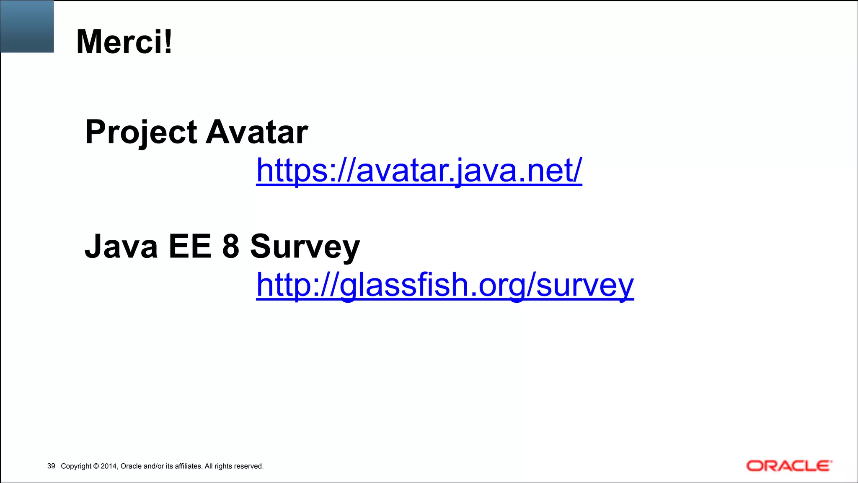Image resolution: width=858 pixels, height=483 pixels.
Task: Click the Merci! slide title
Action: click(x=124, y=42)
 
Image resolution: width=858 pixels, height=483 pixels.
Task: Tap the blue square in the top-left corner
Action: click(x=27, y=26)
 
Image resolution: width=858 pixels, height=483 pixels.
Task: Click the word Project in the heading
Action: click(x=141, y=132)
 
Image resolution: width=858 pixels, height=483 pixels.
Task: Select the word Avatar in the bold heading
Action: click(x=257, y=132)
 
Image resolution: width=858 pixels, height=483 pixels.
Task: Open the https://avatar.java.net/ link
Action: click(x=419, y=171)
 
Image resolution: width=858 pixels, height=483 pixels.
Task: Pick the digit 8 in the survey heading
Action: click(x=230, y=247)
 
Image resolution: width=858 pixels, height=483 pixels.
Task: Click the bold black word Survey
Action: click(x=305, y=247)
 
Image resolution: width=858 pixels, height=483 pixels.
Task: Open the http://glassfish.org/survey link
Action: click(x=445, y=285)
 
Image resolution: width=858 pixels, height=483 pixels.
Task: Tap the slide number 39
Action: click(x=51, y=466)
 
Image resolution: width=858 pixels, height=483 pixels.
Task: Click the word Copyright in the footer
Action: click(x=76, y=466)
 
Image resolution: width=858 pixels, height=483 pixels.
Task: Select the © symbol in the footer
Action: click(x=96, y=466)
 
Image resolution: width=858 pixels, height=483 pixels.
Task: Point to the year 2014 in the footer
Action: click(x=109, y=466)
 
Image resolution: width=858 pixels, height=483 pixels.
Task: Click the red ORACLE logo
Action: click(x=789, y=466)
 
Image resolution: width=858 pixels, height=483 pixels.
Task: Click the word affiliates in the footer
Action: click(x=187, y=466)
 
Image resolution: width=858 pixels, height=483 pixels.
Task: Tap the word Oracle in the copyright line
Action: click(x=131, y=466)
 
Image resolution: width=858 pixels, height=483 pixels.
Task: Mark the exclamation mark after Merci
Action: click(x=168, y=42)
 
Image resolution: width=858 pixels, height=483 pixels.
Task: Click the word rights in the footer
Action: click(x=223, y=466)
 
